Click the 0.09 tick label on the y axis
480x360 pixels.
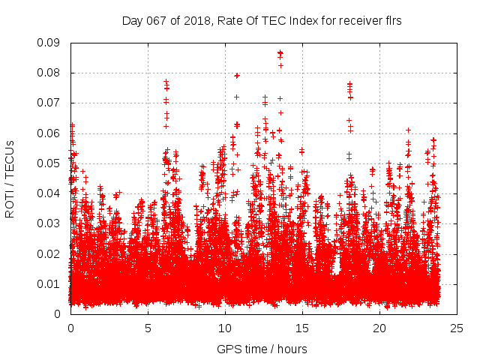click(x=51, y=43)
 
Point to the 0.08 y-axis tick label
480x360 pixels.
click(x=51, y=73)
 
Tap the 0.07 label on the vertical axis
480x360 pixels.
click(x=51, y=103)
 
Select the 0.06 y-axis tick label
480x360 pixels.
click(x=51, y=133)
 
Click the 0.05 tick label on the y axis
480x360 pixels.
click(x=51, y=163)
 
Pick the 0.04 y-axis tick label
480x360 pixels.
click(x=51, y=193)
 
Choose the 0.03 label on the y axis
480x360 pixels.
click(x=51, y=223)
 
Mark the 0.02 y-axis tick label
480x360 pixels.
click(x=51, y=253)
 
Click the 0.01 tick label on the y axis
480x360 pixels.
click(x=51, y=283)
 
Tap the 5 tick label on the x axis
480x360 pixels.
click(x=148, y=328)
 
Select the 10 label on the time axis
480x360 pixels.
click(x=225, y=328)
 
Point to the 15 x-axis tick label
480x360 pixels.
click(x=302, y=328)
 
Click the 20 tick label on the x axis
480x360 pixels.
click(x=379, y=328)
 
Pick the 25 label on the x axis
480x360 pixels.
click(x=457, y=328)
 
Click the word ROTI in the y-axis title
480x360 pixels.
click(x=10, y=202)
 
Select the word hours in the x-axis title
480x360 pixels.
click(x=292, y=349)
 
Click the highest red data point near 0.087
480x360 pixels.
click(x=280, y=53)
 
